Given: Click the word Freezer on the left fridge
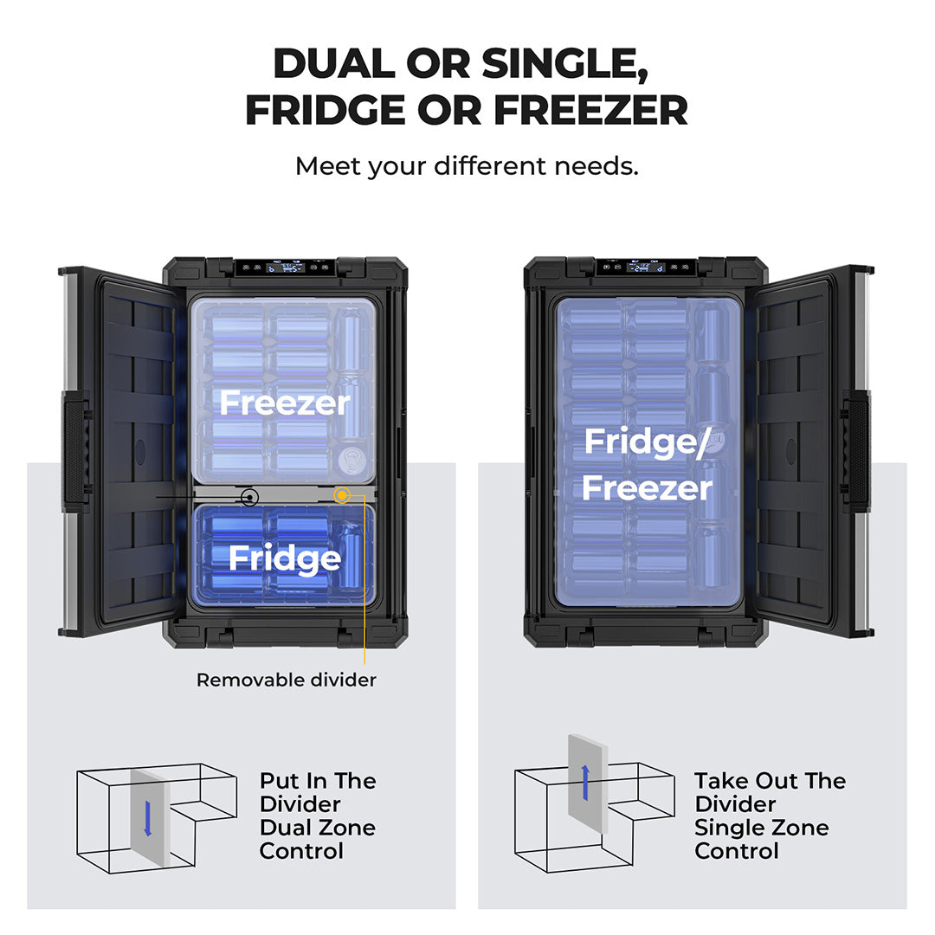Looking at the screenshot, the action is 285,403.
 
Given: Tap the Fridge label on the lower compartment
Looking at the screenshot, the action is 285,558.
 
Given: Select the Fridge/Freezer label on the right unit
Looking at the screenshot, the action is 647,465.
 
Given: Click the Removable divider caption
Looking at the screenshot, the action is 287,680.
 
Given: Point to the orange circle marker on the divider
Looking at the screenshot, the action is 342,495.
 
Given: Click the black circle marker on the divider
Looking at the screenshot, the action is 249,497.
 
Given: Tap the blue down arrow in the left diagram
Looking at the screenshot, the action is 148,818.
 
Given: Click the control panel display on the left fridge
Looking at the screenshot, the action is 285,268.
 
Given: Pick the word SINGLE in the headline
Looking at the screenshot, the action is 564,63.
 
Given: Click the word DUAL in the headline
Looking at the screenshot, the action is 334,63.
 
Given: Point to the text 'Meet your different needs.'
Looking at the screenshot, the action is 467,166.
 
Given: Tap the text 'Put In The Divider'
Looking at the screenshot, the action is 318,792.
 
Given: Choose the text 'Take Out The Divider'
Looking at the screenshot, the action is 770,792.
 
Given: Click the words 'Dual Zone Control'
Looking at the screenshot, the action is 318,839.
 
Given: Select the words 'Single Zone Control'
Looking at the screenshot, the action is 762,839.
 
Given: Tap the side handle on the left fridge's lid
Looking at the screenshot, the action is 75,451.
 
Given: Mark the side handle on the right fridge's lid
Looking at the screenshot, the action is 856,451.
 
